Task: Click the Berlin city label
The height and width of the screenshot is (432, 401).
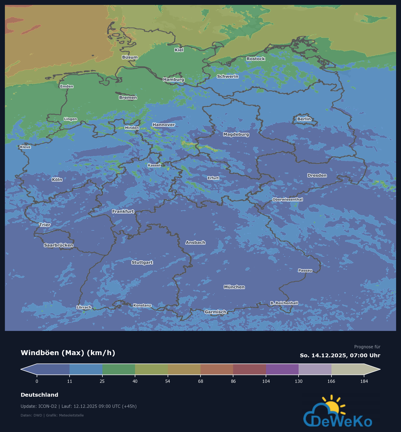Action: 304,119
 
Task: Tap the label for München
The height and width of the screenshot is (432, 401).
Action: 234,287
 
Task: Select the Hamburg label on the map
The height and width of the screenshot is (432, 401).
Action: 174,79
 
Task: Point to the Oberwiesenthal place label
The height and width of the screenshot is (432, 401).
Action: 287,199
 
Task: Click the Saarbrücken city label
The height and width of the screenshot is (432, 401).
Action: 58,245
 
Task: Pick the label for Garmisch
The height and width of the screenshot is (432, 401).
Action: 215,312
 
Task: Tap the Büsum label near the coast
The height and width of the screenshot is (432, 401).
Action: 130,57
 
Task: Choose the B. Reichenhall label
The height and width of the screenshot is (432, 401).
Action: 284,303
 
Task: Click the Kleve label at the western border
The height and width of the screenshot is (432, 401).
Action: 25,147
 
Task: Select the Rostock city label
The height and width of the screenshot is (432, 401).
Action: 256,59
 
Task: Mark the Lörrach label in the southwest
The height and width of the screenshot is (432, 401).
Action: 84,307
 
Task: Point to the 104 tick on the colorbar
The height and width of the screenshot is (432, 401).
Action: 266,381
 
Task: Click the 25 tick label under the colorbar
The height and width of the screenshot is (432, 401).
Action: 102,381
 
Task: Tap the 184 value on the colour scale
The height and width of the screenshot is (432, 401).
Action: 364,381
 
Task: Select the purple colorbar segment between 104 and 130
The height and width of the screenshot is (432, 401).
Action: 282,369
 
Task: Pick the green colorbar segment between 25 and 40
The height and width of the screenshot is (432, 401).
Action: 119,369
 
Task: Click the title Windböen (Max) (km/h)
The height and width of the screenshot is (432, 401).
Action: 68,353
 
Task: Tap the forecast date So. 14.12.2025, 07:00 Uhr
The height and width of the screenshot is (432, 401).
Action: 340,355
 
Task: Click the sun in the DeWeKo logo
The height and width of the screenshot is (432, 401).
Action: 332,406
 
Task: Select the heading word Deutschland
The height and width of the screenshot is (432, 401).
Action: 39,395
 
